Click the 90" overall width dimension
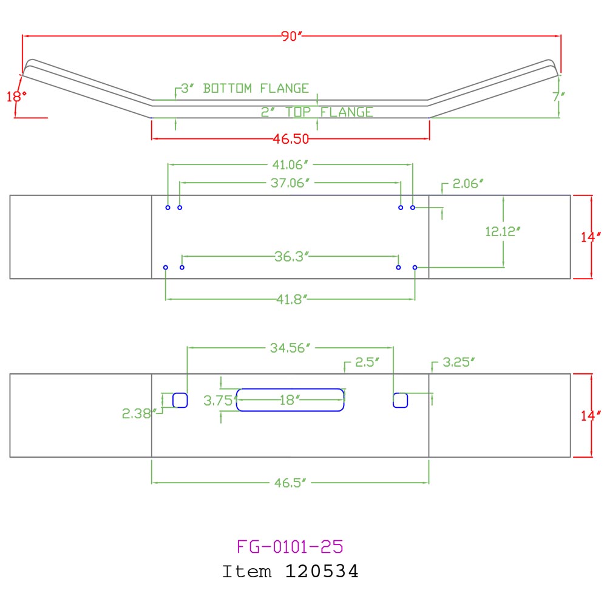291,36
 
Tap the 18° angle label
13,96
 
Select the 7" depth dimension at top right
559,96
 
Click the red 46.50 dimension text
291,139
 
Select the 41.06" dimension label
291,163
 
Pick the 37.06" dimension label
291,181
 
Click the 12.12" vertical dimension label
503,231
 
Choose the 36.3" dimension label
291,256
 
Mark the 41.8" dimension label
291,299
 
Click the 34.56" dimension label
290,347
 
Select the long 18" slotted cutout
290,400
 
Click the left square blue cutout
180,400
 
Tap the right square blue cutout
400,400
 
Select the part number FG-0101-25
290,546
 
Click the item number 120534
322,571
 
